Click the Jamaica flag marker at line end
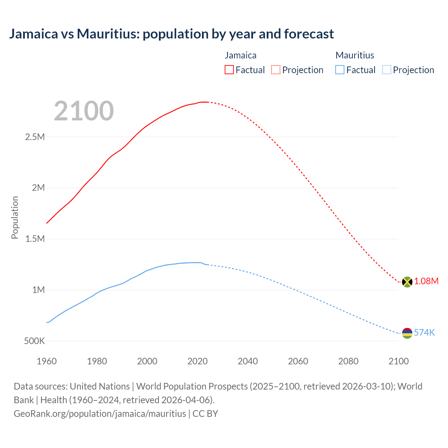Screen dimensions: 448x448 407,282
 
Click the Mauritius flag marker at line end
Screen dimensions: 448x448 407,333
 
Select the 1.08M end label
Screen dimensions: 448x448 426,281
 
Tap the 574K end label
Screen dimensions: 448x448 424,332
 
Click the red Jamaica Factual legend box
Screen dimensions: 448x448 229,70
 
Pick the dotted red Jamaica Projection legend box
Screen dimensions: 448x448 276,70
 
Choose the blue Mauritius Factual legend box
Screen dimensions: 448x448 340,70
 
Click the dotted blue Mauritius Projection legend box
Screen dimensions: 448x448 386,70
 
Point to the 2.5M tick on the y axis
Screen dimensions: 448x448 35,137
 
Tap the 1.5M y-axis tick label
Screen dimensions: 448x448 35,239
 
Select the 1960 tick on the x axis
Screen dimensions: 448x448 47,361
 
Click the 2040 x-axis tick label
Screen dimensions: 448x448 248,361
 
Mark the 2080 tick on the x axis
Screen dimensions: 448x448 348,361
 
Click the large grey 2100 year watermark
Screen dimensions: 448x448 84,111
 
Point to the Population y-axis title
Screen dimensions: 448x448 15,217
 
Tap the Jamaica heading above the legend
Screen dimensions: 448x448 240,55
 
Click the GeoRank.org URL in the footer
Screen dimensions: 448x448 100,413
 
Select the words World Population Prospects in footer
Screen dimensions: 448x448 192,386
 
